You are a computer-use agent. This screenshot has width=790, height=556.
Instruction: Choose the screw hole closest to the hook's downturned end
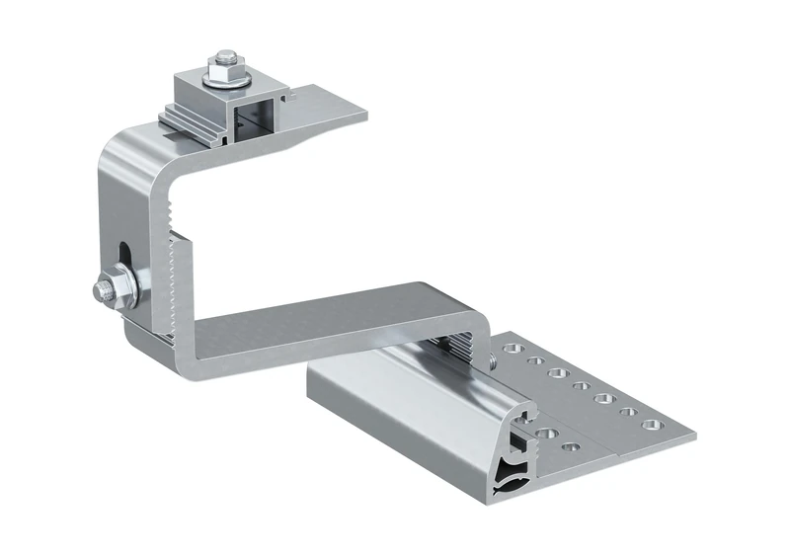click(x=510, y=349)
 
